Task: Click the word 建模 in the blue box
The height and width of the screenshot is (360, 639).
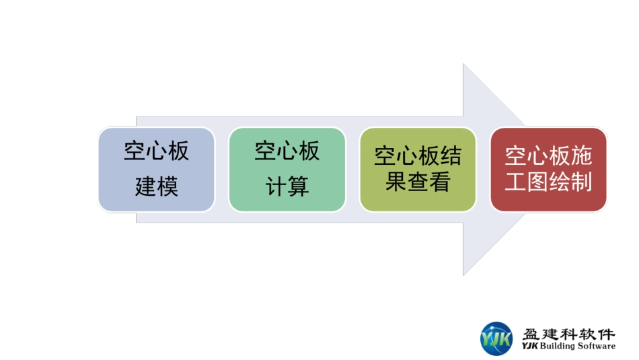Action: (x=156, y=186)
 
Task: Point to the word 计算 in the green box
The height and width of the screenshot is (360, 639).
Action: (x=287, y=186)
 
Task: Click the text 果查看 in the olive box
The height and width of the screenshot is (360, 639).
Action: (x=418, y=182)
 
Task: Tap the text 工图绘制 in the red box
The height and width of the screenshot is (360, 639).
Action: (x=548, y=182)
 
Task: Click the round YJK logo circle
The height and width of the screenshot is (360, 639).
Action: (x=496, y=338)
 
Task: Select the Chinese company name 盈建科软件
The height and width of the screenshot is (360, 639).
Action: (x=568, y=333)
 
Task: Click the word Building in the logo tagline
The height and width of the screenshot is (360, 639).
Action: (x=558, y=347)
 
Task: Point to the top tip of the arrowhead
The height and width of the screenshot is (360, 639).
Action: (x=464, y=65)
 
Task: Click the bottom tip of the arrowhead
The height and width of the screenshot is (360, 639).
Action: (x=464, y=275)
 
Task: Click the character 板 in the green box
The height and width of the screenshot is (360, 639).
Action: (x=309, y=151)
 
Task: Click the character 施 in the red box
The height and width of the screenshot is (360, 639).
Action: (x=582, y=157)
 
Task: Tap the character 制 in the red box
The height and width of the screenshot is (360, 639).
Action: (x=582, y=182)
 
